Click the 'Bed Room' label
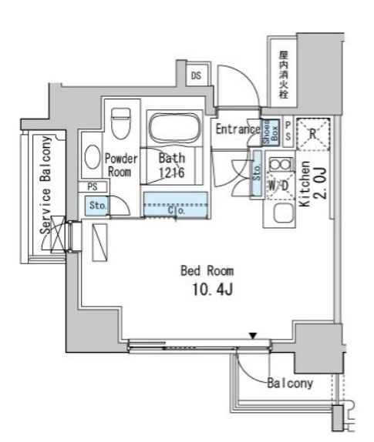click(207, 271)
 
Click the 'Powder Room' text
click(120, 166)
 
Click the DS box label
click(196, 75)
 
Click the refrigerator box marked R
click(313, 132)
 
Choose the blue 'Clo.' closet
click(176, 208)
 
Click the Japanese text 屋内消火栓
click(283, 75)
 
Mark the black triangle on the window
click(252, 336)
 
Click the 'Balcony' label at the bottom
click(289, 383)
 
